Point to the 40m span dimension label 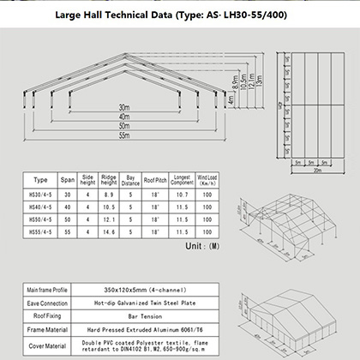point(124,117)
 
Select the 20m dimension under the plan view point(316,171)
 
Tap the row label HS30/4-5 point(40,195)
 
